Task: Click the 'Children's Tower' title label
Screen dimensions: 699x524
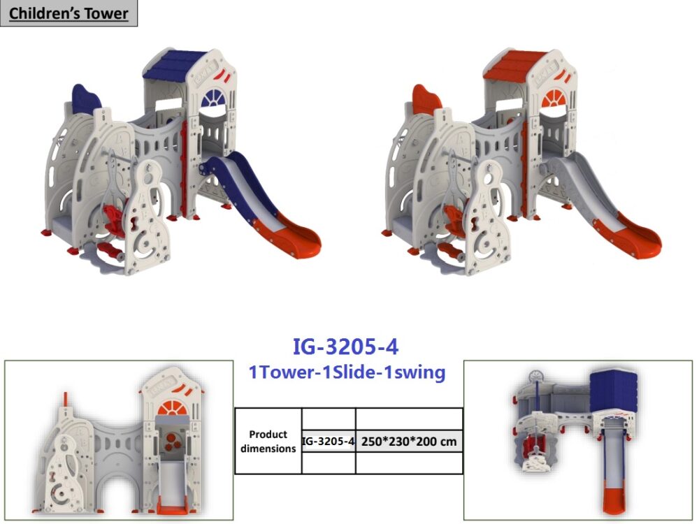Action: pyautogui.click(x=69, y=13)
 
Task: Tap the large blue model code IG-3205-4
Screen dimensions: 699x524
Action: pyautogui.click(x=345, y=347)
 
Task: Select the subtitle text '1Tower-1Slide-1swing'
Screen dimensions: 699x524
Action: pyautogui.click(x=347, y=372)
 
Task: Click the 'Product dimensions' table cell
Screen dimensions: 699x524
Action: pyautogui.click(x=268, y=441)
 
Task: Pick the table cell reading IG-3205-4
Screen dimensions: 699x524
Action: pyautogui.click(x=329, y=441)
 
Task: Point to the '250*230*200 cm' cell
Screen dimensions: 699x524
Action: pyautogui.click(x=409, y=442)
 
